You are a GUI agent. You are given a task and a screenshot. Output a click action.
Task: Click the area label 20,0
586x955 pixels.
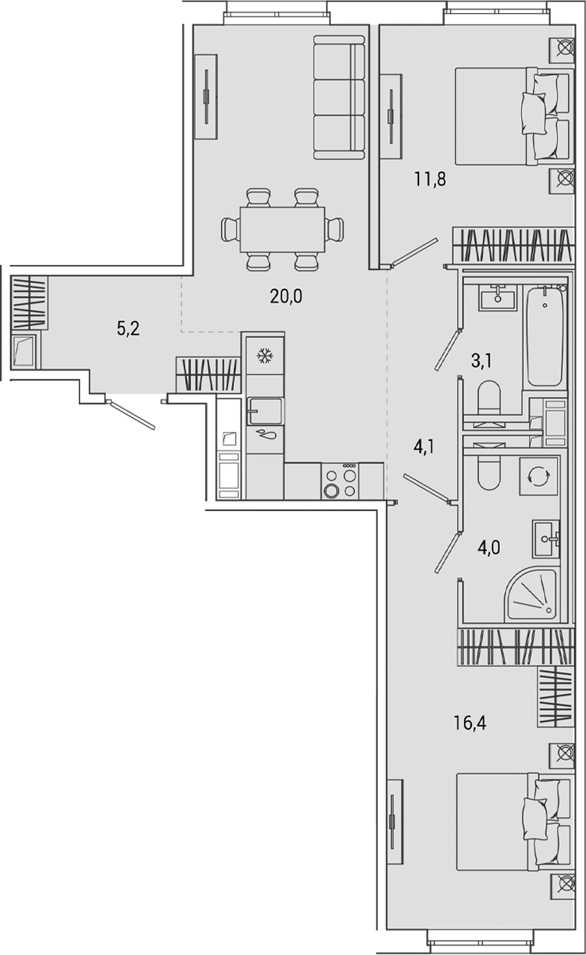tap(286, 296)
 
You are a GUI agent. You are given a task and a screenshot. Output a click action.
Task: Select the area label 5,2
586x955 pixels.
tap(128, 329)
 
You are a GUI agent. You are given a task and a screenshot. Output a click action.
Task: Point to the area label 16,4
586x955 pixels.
tap(470, 721)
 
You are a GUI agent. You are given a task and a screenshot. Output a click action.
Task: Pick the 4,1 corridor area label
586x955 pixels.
tap(424, 448)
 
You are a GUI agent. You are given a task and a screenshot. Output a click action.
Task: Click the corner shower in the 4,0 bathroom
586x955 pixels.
tap(533, 593)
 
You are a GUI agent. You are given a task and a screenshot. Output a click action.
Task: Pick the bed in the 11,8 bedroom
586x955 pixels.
tap(506, 115)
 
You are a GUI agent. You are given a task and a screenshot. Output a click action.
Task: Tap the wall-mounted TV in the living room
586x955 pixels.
tap(207, 96)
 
